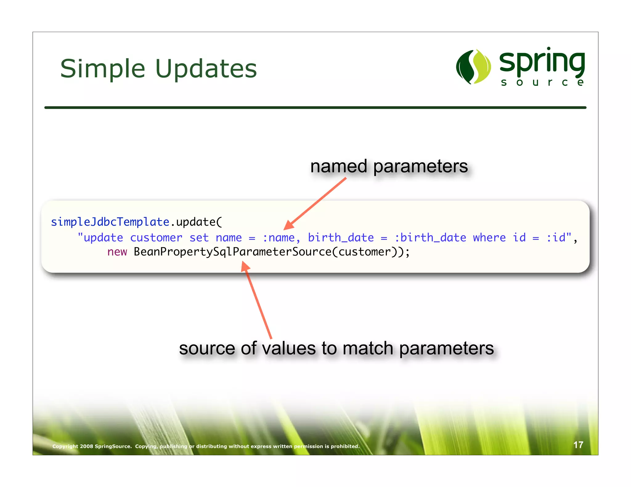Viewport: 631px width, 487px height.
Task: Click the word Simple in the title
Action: pyautogui.click(x=103, y=69)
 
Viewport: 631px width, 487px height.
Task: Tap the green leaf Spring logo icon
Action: pyautogui.click(x=473, y=66)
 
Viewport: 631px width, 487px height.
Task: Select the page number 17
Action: pyautogui.click(x=578, y=445)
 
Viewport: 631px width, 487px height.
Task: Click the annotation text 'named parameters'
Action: pyautogui.click(x=389, y=167)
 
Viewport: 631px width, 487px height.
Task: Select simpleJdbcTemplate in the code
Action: pyautogui.click(x=110, y=222)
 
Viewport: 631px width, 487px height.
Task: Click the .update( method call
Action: pyautogui.click(x=196, y=222)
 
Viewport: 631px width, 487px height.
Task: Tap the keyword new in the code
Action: pyautogui.click(x=117, y=252)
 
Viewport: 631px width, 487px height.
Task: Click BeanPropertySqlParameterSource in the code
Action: pyautogui.click(x=232, y=252)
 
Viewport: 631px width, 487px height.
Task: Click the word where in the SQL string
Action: pyautogui.click(x=489, y=238)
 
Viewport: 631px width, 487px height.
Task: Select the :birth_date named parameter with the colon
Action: pyautogui.click(x=430, y=238)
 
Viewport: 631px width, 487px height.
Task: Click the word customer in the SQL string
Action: pyautogui.click(x=156, y=238)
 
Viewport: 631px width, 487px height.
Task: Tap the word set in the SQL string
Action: pyautogui.click(x=199, y=238)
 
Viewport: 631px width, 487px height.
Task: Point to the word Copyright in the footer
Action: pyautogui.click(x=65, y=446)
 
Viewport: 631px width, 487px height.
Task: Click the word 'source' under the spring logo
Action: pyautogui.click(x=542, y=83)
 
